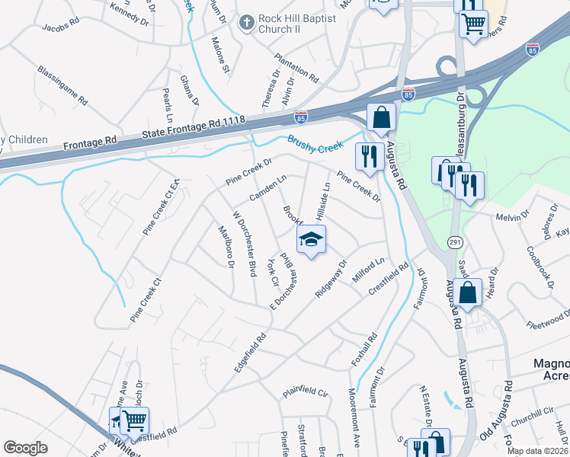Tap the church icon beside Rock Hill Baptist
click(x=246, y=24)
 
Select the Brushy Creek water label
click(x=316, y=142)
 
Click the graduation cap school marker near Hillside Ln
click(x=311, y=240)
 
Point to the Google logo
click(x=25, y=448)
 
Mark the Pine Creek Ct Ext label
click(x=159, y=207)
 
